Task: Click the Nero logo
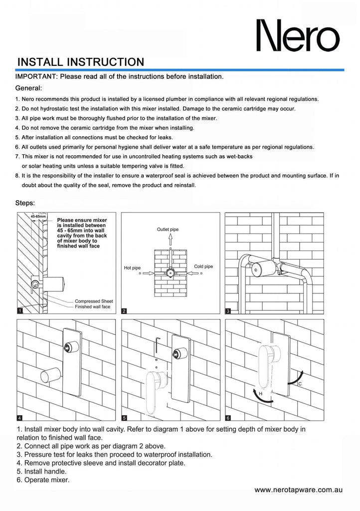298,36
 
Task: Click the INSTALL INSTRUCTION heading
80,62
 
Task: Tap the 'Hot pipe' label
132,268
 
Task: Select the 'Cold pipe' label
203,266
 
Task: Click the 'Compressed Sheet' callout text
94,301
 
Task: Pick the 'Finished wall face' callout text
92,306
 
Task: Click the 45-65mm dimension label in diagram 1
38,216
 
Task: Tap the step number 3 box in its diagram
228,311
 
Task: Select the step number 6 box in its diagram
228,417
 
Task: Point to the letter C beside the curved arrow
299,384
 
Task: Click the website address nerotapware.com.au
298,490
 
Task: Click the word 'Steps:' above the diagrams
25,203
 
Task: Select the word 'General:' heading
29,88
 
